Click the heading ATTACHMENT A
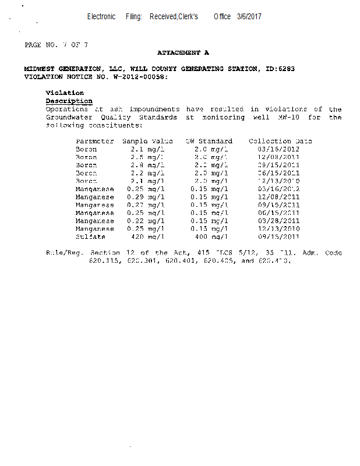(x=183, y=53)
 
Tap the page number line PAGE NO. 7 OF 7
(x=57, y=45)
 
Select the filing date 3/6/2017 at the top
(x=249, y=16)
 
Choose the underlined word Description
(x=69, y=101)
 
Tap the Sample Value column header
(x=147, y=141)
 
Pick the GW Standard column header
(x=209, y=141)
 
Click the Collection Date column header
(x=280, y=141)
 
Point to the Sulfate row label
(x=90, y=237)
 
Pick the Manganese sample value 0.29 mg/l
(x=146, y=197)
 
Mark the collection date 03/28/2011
(x=278, y=221)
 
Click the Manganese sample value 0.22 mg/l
(x=146, y=221)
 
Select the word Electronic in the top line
(x=101, y=16)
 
